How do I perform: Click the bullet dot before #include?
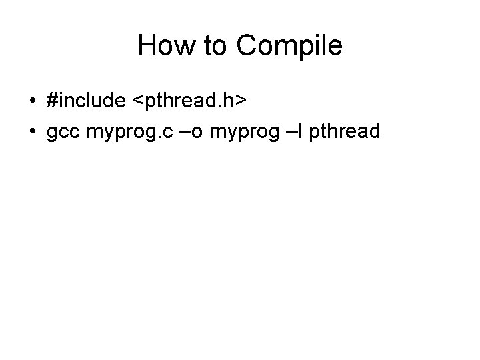coord(33,101)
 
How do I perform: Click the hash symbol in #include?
coord(53,101)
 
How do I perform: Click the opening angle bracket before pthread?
coord(139,101)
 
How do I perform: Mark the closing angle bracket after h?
coord(243,101)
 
